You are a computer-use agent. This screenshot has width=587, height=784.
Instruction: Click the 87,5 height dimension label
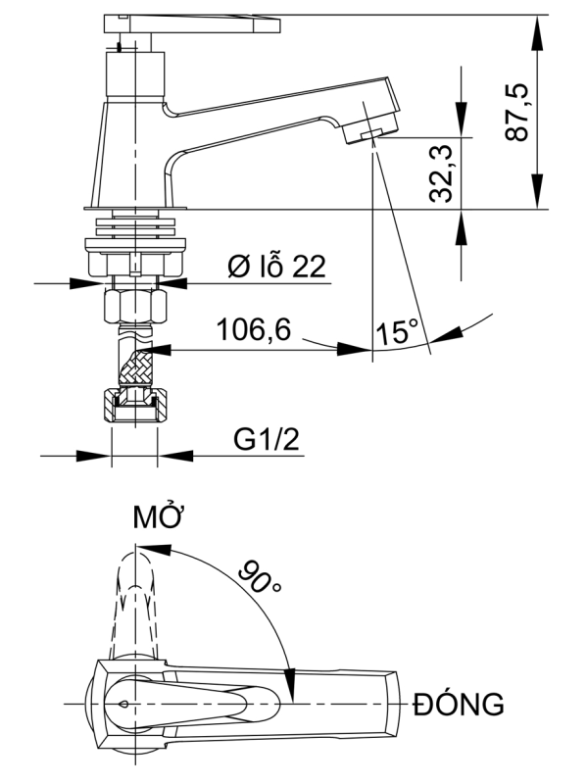click(x=516, y=112)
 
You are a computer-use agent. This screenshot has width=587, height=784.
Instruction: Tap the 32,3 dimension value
click(x=441, y=173)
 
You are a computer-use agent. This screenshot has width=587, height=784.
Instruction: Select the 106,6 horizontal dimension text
click(x=254, y=329)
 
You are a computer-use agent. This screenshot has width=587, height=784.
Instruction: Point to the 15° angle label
click(x=398, y=331)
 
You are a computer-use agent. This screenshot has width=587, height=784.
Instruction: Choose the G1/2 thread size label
click(x=267, y=439)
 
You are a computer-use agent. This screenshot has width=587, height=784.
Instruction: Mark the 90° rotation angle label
click(x=259, y=576)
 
